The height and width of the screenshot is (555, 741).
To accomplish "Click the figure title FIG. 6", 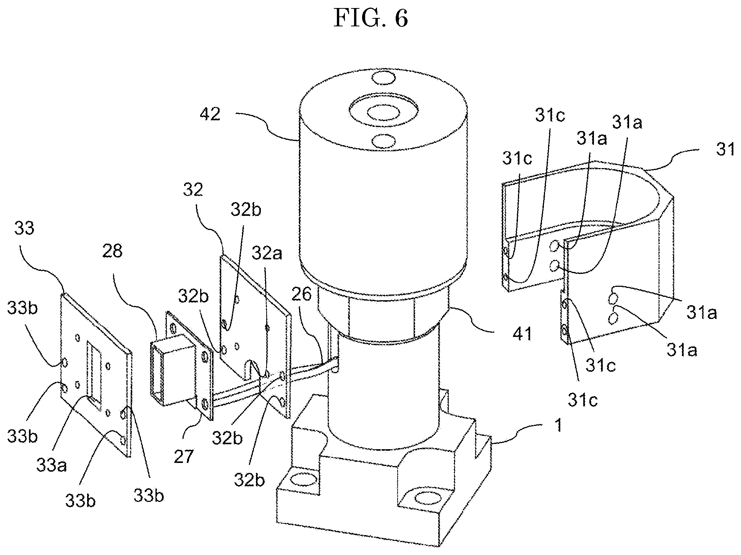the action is click(370, 18).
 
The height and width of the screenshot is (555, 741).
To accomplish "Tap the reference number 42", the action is click(210, 113).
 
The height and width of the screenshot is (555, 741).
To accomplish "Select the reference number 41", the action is click(523, 334).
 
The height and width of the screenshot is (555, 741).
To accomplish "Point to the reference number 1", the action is click(558, 425).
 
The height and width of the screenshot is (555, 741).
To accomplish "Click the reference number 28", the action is click(112, 251).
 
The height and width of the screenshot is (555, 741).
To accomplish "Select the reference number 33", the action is click(24, 228).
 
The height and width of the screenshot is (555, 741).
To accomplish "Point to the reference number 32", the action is click(193, 190).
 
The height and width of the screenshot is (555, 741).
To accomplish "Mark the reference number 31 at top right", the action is click(725, 149).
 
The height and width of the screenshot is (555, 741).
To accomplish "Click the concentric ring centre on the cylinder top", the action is click(383, 113).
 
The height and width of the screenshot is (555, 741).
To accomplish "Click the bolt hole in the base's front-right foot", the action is click(429, 499).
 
